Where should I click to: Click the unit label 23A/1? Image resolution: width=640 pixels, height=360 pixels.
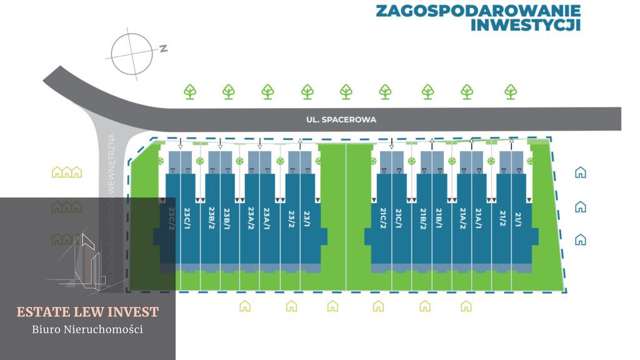pyautogui.click(x=267, y=218)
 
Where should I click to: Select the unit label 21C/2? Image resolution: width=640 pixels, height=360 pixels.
pyautogui.click(x=382, y=218)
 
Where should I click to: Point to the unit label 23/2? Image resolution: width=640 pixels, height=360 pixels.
pyautogui.click(x=291, y=218)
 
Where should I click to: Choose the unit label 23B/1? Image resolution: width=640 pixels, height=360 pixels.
pyautogui.click(x=227, y=218)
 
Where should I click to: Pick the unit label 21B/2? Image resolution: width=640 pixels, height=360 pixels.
pyautogui.click(x=423, y=218)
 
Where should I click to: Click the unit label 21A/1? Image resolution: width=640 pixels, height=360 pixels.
pyautogui.click(x=479, y=218)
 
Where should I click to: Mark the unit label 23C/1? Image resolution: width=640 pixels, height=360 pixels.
pyautogui.click(x=187, y=218)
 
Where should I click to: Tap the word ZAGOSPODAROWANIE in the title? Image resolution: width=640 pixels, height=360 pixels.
pyautogui.click(x=478, y=11)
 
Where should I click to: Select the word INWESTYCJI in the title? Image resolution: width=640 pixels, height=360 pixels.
pyautogui.click(x=525, y=25)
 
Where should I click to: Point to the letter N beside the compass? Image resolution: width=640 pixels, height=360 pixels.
pyautogui.click(x=163, y=48)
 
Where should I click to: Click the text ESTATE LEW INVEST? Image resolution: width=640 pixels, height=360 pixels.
pyautogui.click(x=87, y=312)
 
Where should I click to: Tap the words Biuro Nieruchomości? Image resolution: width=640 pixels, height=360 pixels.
pyautogui.click(x=87, y=329)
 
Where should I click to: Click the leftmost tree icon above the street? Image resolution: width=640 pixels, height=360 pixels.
pyautogui.click(x=190, y=92)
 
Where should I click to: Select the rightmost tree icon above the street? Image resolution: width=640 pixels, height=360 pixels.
pyautogui.click(x=511, y=92)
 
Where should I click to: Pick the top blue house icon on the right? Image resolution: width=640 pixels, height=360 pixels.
pyautogui.click(x=581, y=172)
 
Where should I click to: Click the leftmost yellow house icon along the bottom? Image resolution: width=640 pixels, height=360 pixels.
pyautogui.click(x=245, y=306)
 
